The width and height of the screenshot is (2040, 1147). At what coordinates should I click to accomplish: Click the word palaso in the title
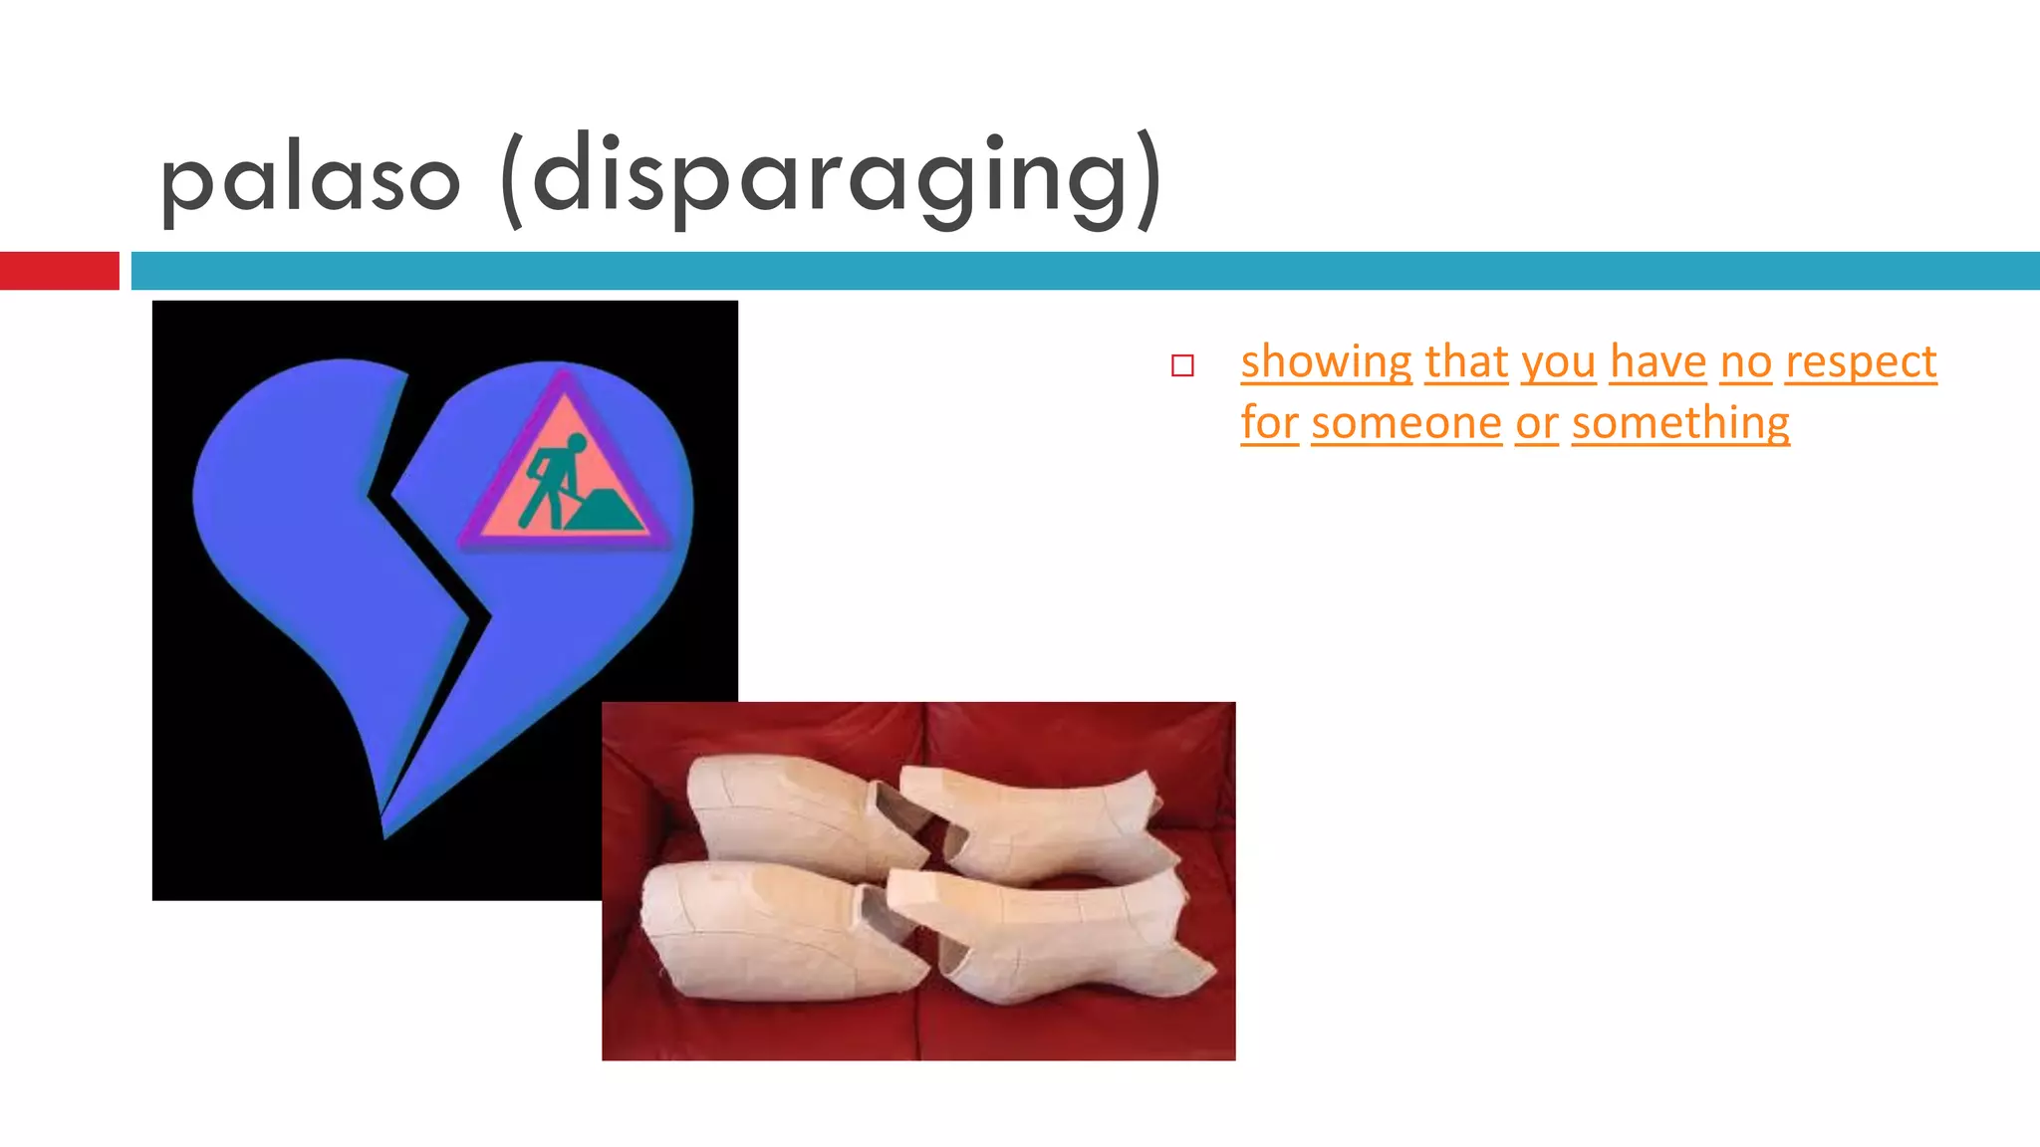(x=310, y=180)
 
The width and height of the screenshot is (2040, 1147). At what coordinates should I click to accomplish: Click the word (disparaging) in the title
(x=831, y=180)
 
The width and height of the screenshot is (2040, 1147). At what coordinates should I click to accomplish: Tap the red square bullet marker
(x=1182, y=365)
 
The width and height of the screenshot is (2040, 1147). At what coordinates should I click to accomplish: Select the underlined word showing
(x=1326, y=362)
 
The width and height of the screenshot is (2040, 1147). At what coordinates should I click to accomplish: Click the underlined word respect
(x=1861, y=362)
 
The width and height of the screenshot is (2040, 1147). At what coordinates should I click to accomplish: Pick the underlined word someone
(x=1406, y=423)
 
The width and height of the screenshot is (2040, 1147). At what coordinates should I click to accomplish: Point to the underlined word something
(x=1680, y=423)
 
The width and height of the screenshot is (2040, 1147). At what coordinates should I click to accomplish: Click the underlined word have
(x=1658, y=362)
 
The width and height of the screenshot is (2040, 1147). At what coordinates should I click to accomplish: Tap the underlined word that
(x=1466, y=362)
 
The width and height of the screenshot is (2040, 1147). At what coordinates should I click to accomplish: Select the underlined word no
(x=1746, y=362)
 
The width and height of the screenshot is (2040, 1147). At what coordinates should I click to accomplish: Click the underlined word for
(x=1269, y=423)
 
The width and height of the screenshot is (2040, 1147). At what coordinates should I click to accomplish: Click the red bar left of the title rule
(x=59, y=271)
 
